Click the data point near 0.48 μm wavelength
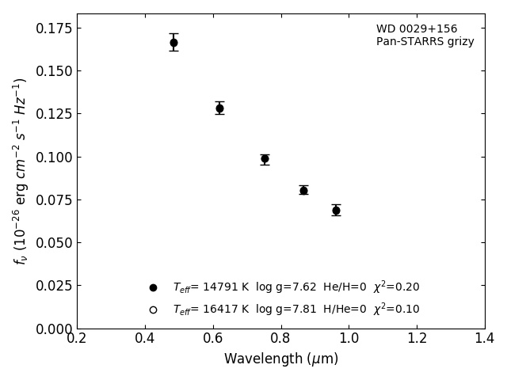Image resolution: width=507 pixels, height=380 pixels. [x=173, y=43]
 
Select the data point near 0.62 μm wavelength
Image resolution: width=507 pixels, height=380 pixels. [x=219, y=108]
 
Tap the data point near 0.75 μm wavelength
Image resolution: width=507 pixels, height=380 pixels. [x=265, y=159]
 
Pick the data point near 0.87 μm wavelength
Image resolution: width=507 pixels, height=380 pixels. [x=303, y=190]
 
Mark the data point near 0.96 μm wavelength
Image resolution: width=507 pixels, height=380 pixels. [x=336, y=210]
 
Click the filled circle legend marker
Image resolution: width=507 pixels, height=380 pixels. [x=153, y=287]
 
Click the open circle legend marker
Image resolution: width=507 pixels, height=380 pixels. [x=153, y=310]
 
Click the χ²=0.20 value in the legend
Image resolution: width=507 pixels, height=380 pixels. [x=396, y=287]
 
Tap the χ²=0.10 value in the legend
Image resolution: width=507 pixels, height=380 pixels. [x=396, y=309]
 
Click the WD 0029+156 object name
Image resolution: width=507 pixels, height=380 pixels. [x=417, y=29]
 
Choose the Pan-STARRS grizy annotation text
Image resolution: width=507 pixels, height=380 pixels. [x=425, y=42]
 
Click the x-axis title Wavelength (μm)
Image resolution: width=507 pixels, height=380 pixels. [x=281, y=359]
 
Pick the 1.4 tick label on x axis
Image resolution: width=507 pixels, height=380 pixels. [x=485, y=339]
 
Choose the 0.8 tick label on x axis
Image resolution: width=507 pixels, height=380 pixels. [x=281, y=339]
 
